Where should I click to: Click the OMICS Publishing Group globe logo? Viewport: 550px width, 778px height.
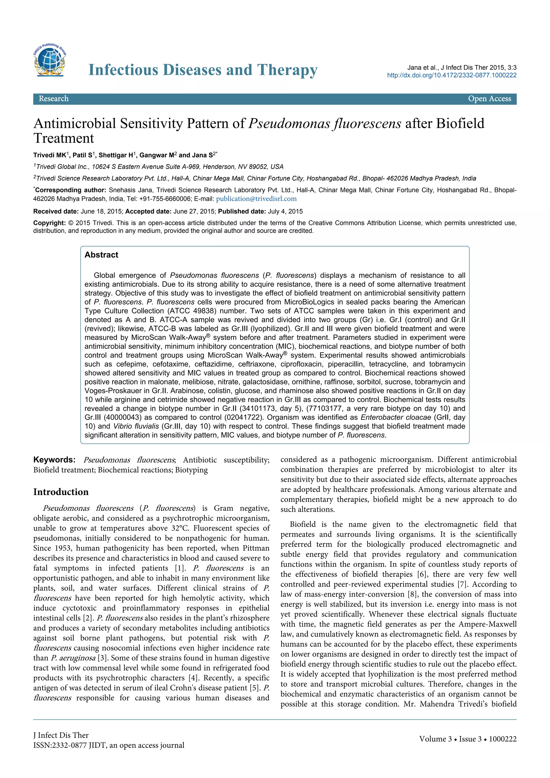click(50, 60)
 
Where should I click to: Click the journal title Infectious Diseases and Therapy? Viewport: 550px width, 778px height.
click(202, 70)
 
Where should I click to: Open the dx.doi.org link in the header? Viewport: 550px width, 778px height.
click(451, 75)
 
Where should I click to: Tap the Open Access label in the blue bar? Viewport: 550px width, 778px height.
click(489, 99)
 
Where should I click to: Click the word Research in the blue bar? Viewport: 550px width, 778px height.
click(53, 99)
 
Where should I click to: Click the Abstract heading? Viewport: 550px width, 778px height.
click(101, 255)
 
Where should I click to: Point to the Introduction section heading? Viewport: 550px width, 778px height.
click(61, 492)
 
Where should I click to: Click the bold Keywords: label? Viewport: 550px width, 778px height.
click(54, 460)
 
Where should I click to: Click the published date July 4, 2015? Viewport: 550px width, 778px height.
click(285, 211)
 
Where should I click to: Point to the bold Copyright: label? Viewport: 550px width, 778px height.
click(49, 223)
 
